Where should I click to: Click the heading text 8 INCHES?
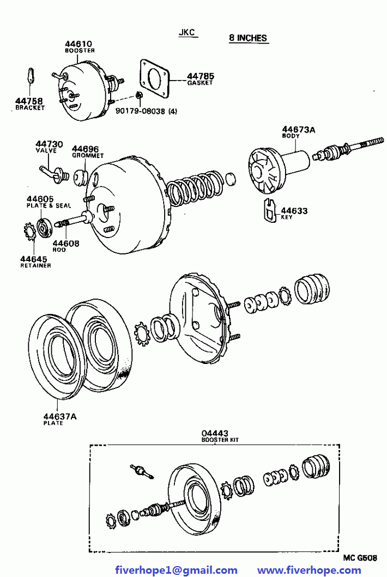[x=248, y=38]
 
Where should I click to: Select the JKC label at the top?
[x=188, y=33]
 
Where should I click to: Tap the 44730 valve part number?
[x=50, y=144]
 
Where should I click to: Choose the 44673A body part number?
[x=299, y=129]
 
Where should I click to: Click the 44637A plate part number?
[x=59, y=417]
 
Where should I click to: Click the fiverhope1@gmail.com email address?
[x=177, y=570]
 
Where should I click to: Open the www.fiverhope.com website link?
[x=309, y=570]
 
